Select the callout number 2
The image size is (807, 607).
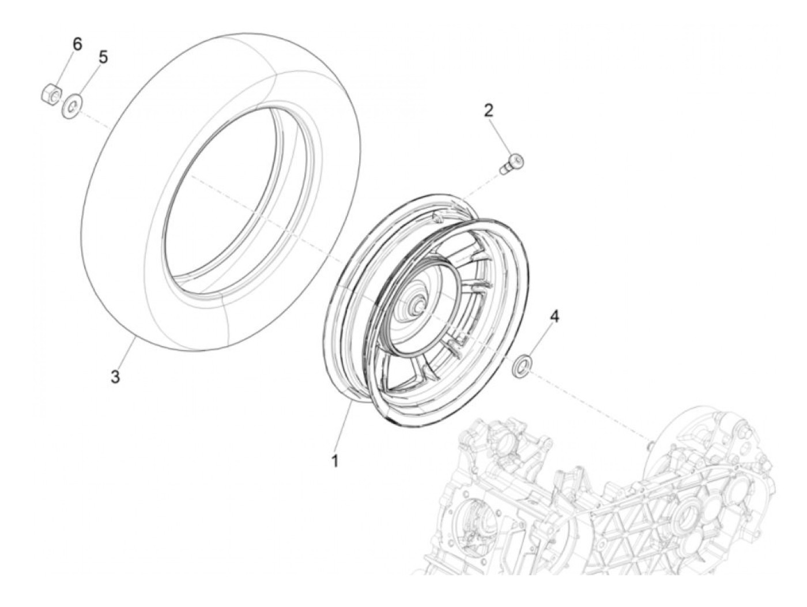click(x=488, y=110)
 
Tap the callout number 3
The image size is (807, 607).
click(x=115, y=378)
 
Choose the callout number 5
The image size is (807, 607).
click(x=103, y=57)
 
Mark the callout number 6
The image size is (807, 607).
click(x=77, y=43)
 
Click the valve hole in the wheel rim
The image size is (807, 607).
click(x=439, y=215)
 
